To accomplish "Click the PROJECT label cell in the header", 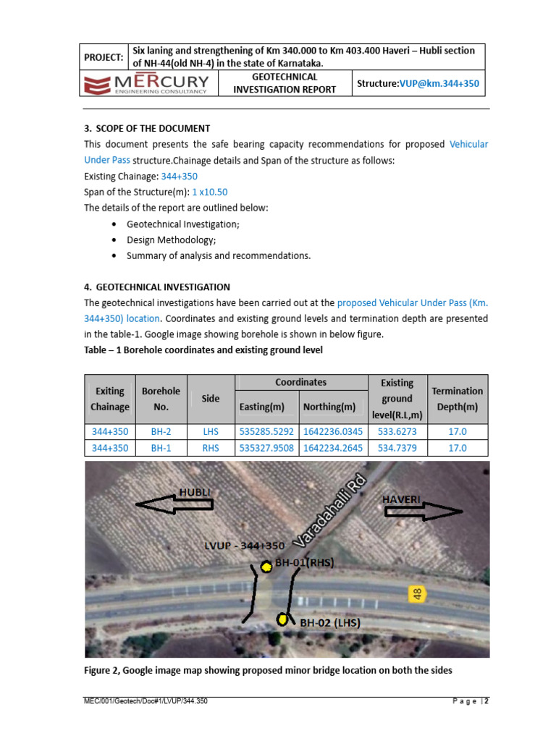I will (104, 57).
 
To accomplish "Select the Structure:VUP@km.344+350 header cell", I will (418, 85).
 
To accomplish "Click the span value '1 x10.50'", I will (210, 192).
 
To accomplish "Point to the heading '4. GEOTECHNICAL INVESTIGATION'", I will (157, 287).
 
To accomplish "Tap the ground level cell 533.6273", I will (396, 431).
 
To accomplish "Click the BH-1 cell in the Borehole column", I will (161, 448).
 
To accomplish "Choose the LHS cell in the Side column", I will (211, 431).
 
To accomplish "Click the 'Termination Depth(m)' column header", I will (457, 399).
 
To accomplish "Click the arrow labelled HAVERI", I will (423, 511).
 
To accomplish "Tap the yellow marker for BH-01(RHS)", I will (266, 565).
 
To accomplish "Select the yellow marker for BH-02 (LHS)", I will (282, 619).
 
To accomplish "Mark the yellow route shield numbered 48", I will (417, 593).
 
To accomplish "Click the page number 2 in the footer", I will (486, 701).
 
